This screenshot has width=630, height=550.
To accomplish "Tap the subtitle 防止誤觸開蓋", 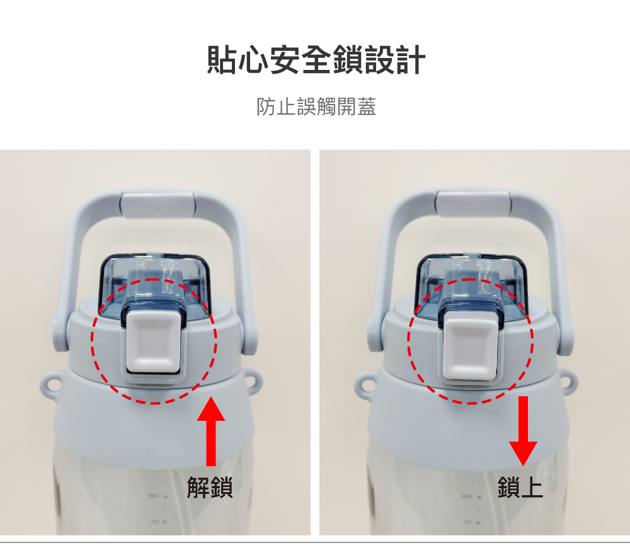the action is tap(316, 106).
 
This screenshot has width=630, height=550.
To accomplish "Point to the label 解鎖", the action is tap(210, 488).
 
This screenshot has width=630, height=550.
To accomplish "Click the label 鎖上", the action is tap(520, 488).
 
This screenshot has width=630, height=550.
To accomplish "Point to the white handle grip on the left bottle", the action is tap(158, 205).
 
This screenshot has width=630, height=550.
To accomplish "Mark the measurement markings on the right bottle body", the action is tap(471, 508).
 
